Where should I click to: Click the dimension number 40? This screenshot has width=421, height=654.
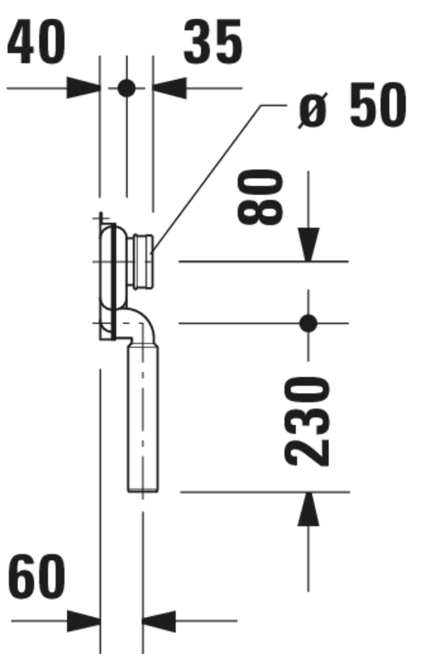tap(36, 42)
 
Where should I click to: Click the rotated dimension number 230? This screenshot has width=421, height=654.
tap(307, 421)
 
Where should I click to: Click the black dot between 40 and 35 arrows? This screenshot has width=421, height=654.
tap(126, 88)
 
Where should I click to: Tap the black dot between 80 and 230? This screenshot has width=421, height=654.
tap(308, 323)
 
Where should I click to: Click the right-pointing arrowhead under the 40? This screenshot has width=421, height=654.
tap(84, 88)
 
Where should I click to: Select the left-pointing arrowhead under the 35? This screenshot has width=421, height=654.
tap(170, 88)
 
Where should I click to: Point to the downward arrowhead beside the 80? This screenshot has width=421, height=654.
tap(309, 244)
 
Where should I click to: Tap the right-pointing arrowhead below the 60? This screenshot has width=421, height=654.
tap(84, 621)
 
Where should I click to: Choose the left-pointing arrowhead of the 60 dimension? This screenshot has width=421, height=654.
tap(159, 621)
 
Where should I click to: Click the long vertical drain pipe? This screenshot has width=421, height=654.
tap(143, 419)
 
